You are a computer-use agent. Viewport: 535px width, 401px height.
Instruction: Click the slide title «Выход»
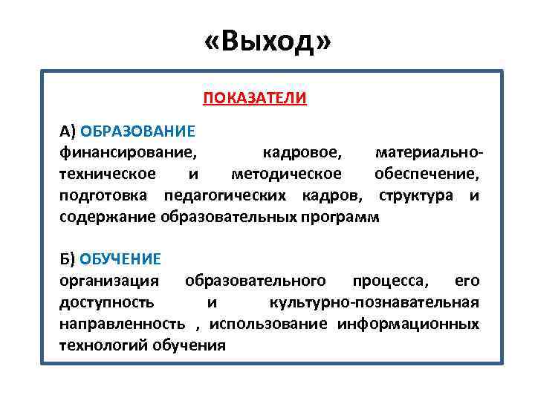click(x=267, y=42)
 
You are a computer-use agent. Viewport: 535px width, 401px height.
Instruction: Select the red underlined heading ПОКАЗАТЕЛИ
click(x=255, y=98)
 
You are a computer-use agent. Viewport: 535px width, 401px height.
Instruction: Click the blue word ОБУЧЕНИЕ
click(x=120, y=259)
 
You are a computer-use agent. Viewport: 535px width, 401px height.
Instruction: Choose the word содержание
click(x=108, y=217)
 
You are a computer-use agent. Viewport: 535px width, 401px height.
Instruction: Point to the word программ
click(x=341, y=217)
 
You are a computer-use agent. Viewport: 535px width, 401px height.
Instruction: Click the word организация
click(x=109, y=281)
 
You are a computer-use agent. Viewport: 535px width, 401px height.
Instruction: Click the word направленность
click(x=123, y=324)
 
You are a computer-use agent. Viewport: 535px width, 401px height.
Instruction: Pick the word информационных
click(x=408, y=324)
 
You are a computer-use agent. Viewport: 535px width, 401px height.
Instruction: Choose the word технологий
click(x=103, y=345)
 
